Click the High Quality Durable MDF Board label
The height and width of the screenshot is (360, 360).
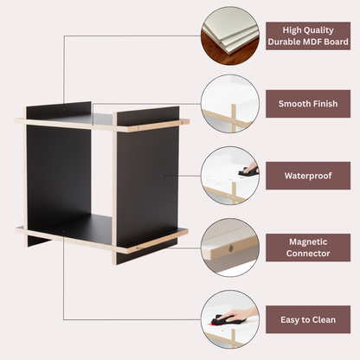click(308, 35)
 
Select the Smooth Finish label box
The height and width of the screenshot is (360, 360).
click(308, 104)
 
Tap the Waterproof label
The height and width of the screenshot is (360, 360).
click(308, 176)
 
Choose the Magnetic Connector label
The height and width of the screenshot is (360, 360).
click(308, 247)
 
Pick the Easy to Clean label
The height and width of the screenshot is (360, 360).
click(308, 319)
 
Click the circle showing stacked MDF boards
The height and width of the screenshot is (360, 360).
click(230, 35)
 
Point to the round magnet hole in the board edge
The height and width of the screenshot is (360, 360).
click(230, 248)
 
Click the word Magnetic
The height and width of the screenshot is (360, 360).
click(308, 241)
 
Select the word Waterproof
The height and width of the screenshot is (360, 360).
click(308, 176)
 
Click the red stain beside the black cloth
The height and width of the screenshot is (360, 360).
click(214, 325)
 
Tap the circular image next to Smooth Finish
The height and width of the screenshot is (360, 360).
click(230, 104)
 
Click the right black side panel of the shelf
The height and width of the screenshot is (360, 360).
click(148, 184)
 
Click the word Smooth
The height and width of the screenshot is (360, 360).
click(292, 104)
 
